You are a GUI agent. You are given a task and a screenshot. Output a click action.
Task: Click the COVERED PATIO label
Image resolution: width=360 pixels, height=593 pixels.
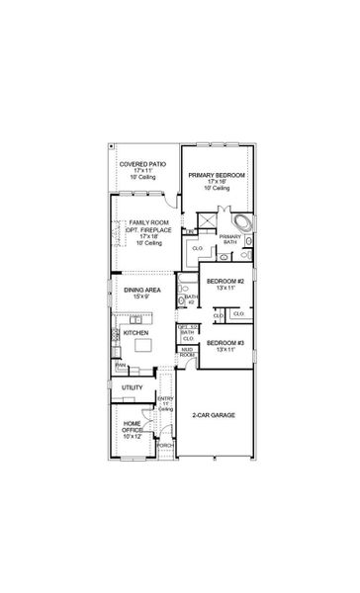[142, 163]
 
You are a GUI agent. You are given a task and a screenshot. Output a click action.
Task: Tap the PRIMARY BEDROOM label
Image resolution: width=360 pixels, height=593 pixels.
[217, 174]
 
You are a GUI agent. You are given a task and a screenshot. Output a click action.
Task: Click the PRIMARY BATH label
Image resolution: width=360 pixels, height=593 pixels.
[230, 238]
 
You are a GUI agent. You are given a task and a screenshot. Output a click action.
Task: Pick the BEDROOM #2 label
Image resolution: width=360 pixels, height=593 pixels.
[225, 281]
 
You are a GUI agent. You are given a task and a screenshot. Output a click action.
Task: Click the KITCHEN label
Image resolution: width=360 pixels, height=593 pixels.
[136, 333]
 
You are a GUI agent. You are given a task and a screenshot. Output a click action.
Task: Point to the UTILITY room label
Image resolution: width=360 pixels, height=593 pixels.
[133, 387]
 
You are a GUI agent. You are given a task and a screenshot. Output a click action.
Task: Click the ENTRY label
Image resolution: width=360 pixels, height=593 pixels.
[165, 399]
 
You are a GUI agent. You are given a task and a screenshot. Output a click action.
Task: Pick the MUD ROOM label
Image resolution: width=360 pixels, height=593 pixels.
[186, 352]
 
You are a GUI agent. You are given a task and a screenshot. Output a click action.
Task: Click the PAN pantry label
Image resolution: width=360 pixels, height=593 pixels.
[120, 365]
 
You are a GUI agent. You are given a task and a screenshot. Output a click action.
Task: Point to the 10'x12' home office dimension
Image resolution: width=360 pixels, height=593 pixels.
[132, 437]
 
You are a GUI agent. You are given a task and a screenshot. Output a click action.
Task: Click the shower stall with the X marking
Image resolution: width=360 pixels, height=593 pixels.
[207, 220]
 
